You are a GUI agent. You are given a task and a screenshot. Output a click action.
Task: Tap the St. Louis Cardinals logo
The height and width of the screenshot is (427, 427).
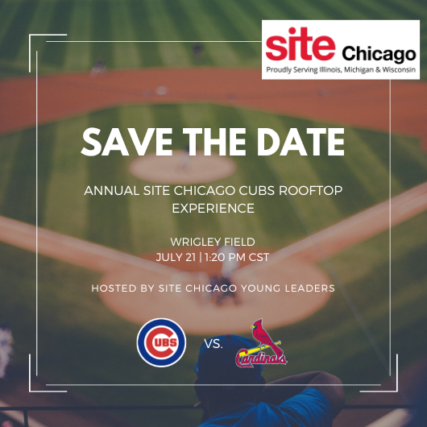260,344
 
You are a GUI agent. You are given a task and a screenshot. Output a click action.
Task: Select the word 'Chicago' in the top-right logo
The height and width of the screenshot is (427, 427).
379,55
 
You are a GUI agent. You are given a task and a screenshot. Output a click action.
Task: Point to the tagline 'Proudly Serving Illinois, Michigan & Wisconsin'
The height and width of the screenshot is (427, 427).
341,71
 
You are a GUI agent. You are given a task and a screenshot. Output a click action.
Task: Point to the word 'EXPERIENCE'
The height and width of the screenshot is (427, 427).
213,208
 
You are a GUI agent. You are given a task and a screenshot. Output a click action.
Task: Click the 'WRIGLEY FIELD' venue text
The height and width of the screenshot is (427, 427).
213,242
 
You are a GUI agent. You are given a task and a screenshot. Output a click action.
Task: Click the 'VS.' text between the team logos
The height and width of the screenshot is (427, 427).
213,344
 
